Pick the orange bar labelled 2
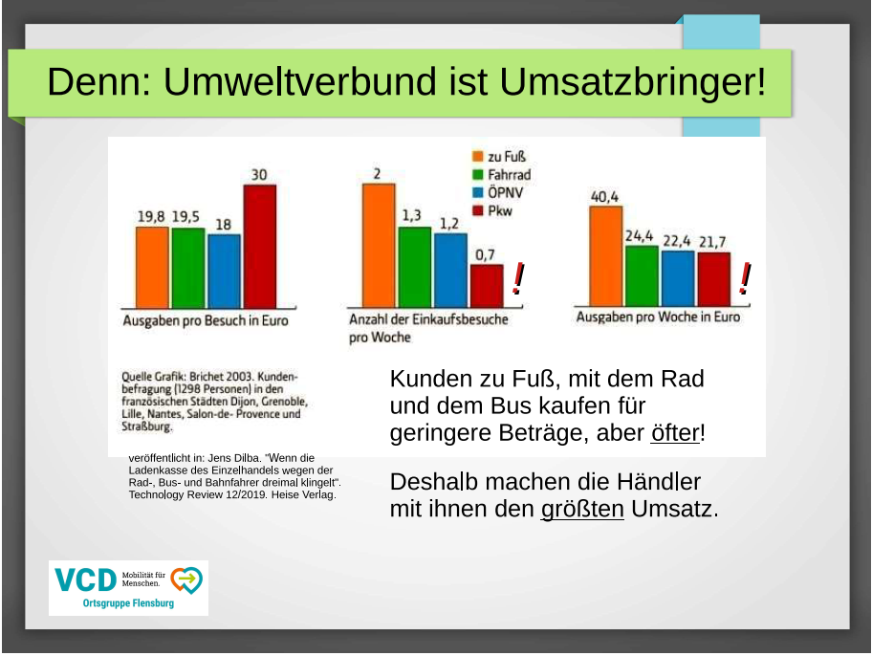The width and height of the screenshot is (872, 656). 379,245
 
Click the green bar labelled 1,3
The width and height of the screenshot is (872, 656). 414,266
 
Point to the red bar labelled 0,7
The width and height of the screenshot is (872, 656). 486,285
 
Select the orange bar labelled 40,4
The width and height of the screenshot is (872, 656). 606,254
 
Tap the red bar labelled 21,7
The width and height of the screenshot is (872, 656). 713,277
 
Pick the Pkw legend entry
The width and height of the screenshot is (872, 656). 492,210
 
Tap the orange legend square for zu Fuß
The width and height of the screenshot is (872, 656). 477,157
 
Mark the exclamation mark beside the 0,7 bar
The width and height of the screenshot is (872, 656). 517,278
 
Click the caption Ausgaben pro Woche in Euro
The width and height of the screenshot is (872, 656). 658,317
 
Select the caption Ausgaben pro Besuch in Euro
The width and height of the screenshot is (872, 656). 206,320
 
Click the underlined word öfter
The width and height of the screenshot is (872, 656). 674,432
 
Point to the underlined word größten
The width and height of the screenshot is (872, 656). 581,508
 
